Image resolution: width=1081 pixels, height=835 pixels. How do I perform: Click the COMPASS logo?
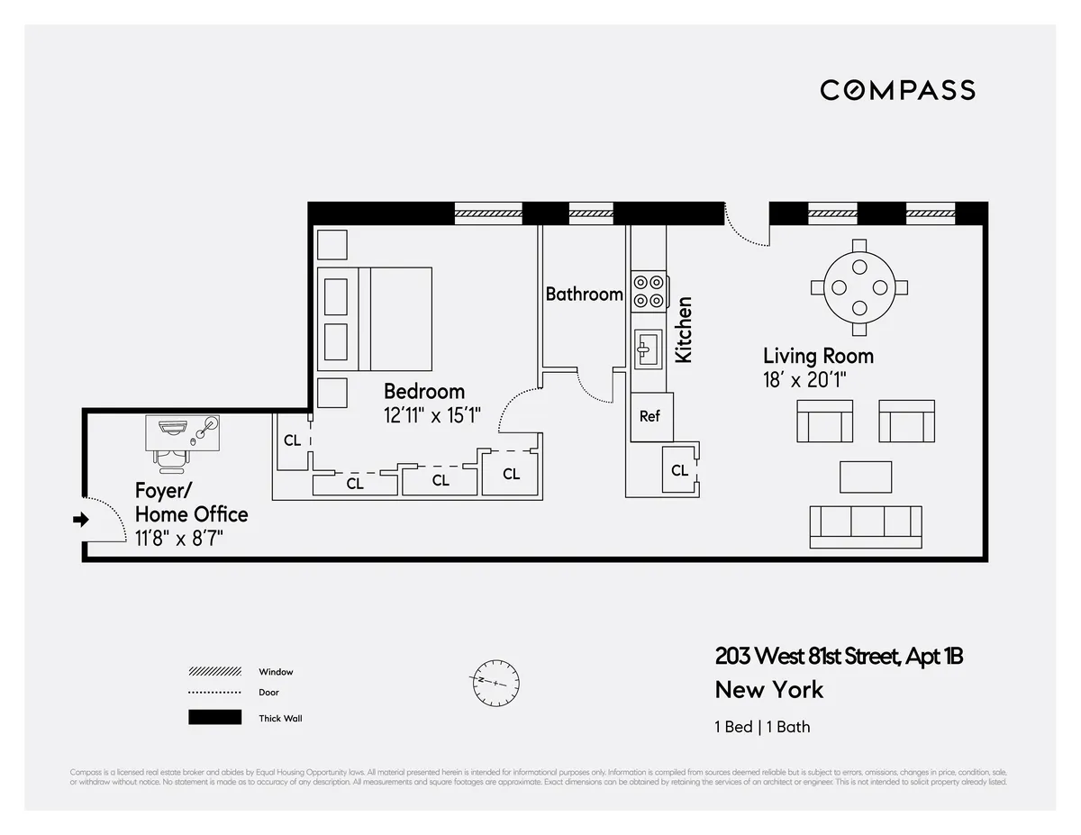(897, 90)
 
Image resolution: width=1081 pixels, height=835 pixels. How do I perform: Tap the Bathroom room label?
(584, 294)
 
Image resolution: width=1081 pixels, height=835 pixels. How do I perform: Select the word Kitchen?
(684, 330)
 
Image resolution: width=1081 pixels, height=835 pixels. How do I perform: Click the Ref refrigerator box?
(650, 417)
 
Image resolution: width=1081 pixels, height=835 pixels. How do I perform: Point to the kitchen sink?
(647, 349)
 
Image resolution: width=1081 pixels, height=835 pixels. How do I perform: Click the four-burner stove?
(649, 291)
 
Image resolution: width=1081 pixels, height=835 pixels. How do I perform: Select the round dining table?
(858, 287)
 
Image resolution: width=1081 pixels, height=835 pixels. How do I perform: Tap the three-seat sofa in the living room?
(866, 527)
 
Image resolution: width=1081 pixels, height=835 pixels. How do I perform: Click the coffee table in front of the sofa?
(866, 476)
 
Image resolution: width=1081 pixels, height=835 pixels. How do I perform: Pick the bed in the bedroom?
(375, 319)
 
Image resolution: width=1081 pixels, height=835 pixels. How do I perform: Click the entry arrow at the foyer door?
(81, 520)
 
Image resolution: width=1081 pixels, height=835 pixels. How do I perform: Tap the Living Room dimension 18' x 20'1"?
(805, 380)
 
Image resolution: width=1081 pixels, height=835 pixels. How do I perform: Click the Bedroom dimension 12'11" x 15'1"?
(432, 416)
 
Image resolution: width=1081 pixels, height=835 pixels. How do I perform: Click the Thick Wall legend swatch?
(214, 718)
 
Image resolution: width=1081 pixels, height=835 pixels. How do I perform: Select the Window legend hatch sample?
(214, 672)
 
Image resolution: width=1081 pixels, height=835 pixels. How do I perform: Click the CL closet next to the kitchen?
(680, 470)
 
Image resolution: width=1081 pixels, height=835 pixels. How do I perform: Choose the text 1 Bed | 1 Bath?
(762, 727)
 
